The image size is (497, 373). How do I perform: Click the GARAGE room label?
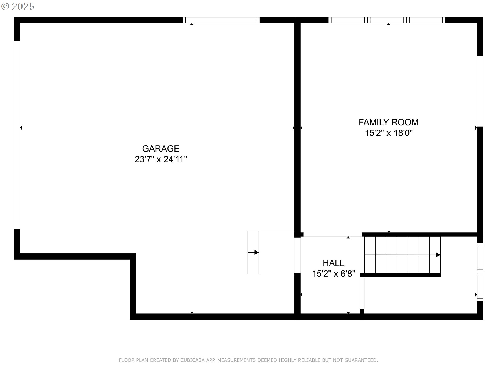pos(161,148)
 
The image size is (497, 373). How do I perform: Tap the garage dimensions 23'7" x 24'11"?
pos(161,159)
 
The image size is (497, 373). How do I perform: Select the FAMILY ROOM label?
pos(389,122)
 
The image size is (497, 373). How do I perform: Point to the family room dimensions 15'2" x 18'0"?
pos(389,133)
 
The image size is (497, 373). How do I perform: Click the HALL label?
pos(333,263)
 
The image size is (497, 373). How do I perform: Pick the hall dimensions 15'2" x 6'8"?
pos(333,274)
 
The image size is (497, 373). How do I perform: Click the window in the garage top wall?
pos(221,20)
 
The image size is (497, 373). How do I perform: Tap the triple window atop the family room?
pos(387,20)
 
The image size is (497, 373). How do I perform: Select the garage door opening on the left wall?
pos(17,135)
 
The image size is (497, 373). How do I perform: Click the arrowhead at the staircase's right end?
pos(438,255)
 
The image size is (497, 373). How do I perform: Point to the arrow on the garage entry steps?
pos(253,252)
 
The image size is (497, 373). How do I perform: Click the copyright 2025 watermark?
pos(18,6)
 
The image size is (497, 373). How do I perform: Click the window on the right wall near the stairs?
pos(480,272)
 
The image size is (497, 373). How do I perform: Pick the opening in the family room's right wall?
pos(480,91)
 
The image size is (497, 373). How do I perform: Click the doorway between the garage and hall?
pos(297,255)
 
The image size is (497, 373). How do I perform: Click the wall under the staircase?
pos(400,275)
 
